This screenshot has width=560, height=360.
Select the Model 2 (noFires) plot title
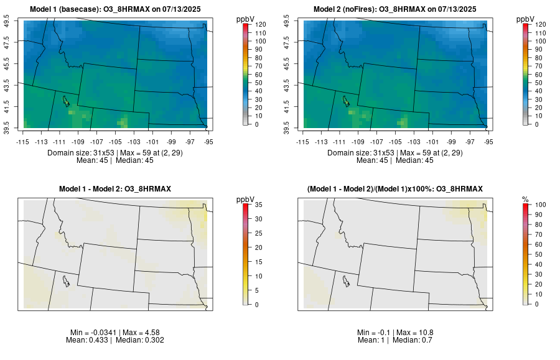(x=395, y=9)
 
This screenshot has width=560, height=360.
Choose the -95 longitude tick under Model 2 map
(x=488, y=141)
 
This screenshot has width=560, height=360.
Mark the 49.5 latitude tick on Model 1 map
(x=7, y=22)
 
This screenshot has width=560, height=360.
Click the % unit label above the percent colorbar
(x=525, y=199)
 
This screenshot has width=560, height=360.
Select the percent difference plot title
(x=395, y=188)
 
